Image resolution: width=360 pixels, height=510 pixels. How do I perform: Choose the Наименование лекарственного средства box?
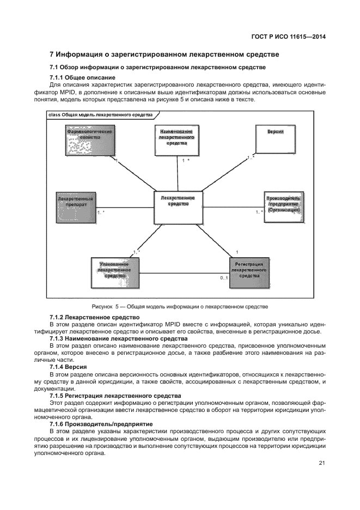(x=176, y=141)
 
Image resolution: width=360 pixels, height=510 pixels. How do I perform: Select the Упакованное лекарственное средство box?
(x=114, y=272)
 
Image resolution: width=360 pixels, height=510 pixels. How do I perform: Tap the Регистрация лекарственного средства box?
(x=249, y=272)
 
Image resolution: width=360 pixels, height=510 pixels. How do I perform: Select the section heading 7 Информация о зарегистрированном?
(x=164, y=54)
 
